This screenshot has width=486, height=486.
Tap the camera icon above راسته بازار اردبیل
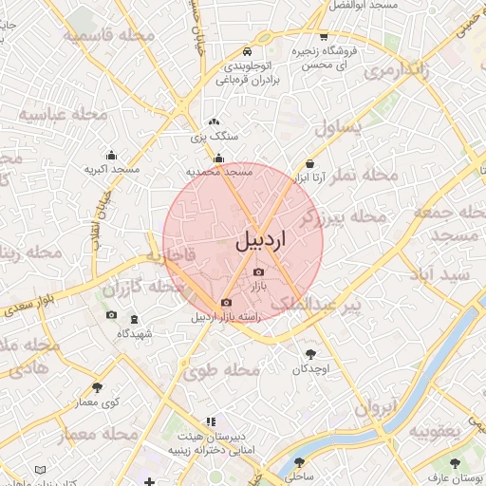point(225,303)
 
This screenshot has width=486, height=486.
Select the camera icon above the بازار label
point(258,272)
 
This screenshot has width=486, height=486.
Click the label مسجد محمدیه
point(219,172)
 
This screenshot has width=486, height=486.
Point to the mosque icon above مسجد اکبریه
point(112,156)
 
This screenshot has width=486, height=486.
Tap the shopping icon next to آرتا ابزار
point(310,164)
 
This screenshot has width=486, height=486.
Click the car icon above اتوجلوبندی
point(246,51)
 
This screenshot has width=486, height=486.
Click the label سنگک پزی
point(215,136)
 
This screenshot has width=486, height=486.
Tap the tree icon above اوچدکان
point(309,353)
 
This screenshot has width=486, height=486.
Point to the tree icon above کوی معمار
point(97,387)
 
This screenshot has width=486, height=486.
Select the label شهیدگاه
point(134,333)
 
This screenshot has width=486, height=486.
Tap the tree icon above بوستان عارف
point(456,463)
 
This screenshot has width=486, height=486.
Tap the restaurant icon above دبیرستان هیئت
point(211,421)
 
